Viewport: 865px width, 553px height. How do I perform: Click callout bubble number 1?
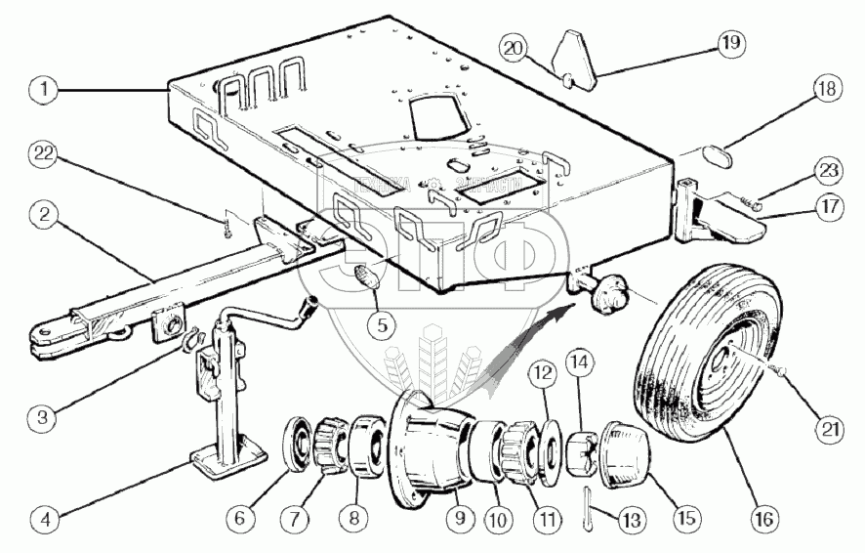pyautogui.click(x=40, y=88)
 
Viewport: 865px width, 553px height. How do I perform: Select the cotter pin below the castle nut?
pyautogui.click(x=591, y=497)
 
